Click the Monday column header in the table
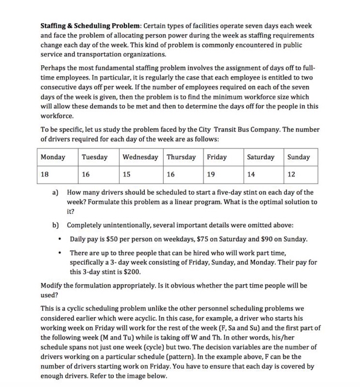(x=53, y=157)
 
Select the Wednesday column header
(x=141, y=157)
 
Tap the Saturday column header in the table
(x=260, y=157)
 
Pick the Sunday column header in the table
(x=299, y=157)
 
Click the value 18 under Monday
(x=45, y=174)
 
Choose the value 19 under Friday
(x=211, y=174)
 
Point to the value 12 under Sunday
(x=291, y=174)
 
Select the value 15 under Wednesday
(x=127, y=174)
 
